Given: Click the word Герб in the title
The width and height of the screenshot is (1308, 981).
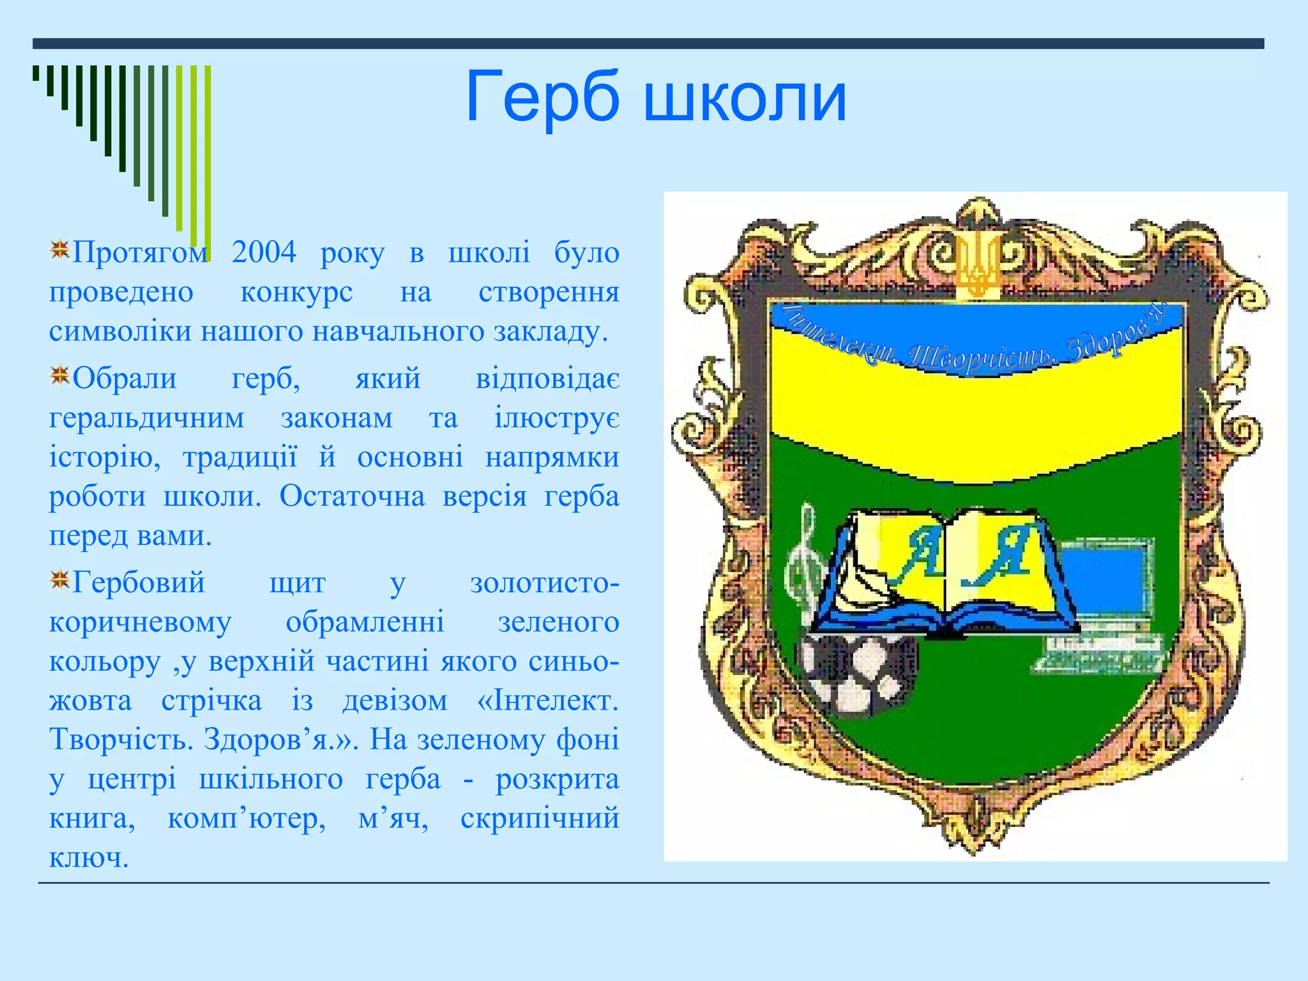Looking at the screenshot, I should (542, 98).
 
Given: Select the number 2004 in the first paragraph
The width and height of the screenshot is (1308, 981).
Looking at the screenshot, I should (264, 252).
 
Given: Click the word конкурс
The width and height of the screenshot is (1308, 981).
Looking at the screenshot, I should (296, 293).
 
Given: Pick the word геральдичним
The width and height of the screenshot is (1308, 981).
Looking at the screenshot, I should (146, 418).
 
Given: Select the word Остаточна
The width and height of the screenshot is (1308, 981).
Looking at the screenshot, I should (352, 496).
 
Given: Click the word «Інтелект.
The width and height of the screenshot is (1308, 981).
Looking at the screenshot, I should (547, 701).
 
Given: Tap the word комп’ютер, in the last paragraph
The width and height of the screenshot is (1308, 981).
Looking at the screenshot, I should (247, 818).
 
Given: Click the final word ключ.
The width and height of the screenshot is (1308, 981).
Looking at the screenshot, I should (89, 858).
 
